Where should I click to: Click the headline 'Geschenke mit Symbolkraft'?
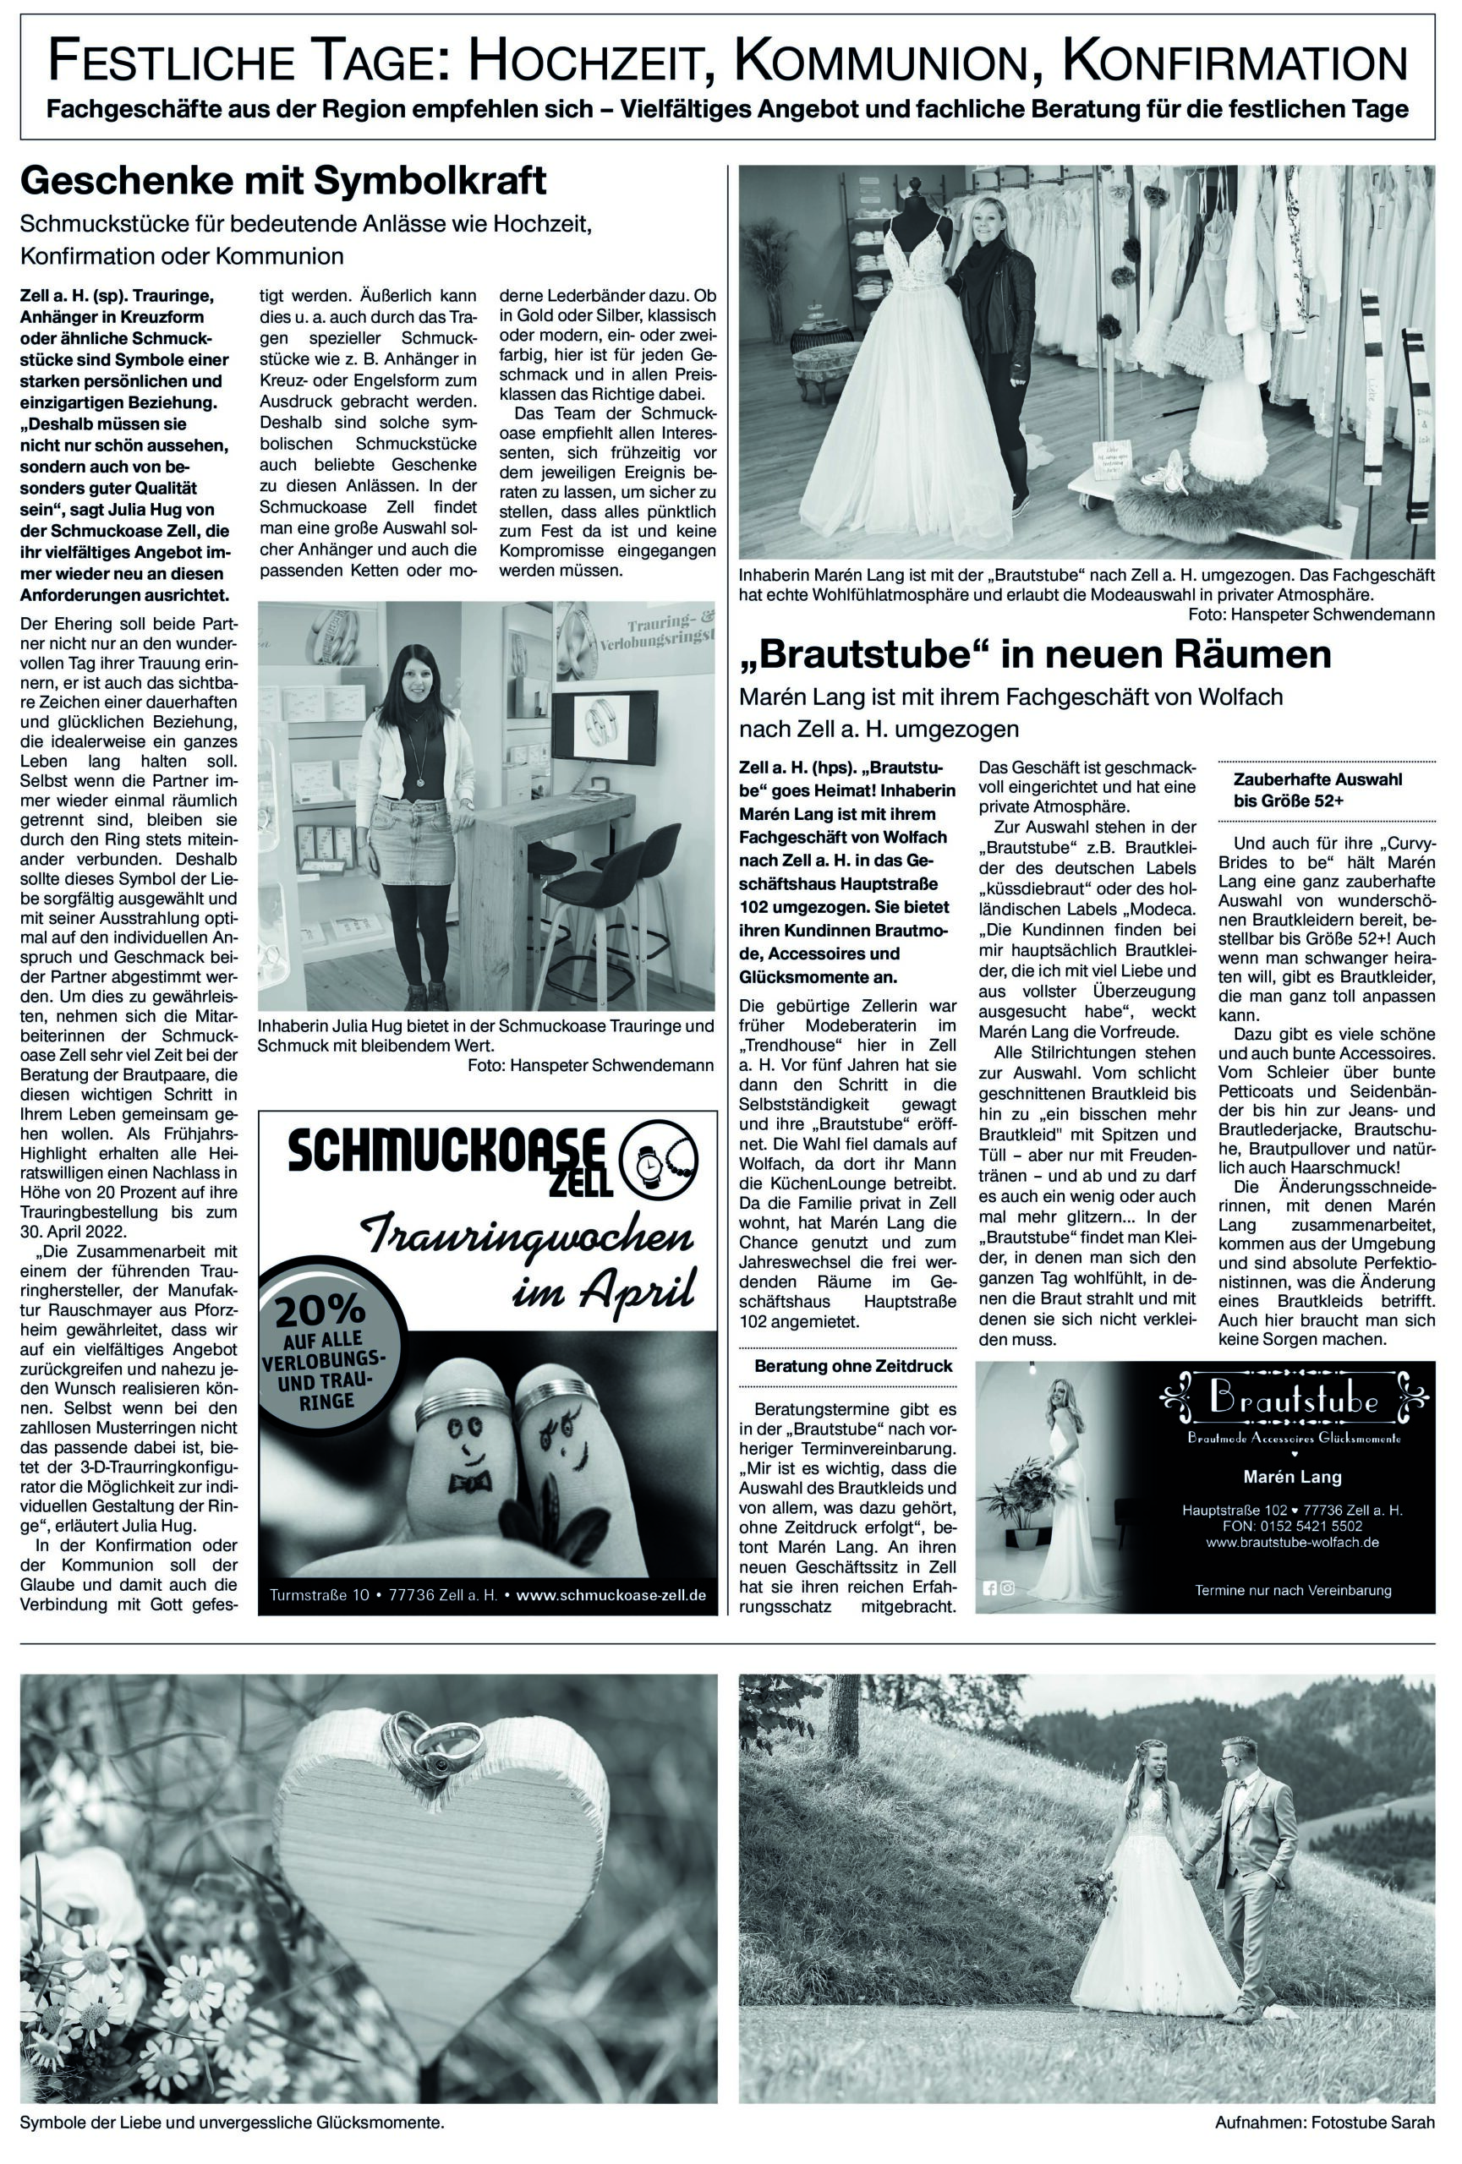pos(283,183)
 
